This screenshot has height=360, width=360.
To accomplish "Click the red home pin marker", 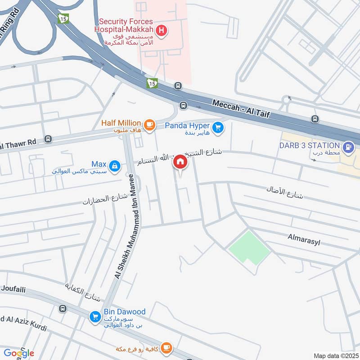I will pos(180,162).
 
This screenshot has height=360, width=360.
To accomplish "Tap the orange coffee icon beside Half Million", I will pos(149,124).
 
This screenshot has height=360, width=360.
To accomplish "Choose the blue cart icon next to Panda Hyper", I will pos(218,128).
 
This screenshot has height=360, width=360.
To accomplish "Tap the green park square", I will pos(249,247).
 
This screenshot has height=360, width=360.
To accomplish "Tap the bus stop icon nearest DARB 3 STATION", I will pos(315,119).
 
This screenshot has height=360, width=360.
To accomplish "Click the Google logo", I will pos(18,353).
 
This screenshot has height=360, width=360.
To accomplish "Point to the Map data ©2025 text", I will pos(335,355).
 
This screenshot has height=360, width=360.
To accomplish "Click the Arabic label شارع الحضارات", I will pos(103,199).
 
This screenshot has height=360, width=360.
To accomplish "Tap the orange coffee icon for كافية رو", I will pos(167,347).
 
